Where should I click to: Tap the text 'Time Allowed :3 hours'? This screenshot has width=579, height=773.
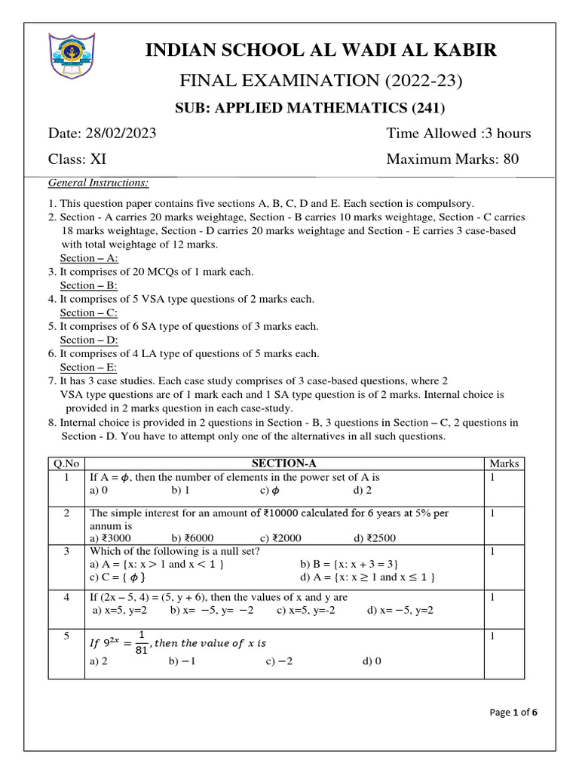[x=458, y=134]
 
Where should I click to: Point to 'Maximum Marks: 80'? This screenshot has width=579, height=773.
[x=452, y=159]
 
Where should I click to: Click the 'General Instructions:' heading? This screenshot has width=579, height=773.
[x=99, y=183]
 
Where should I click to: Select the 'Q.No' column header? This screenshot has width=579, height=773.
[x=66, y=463]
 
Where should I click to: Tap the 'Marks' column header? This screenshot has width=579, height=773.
[x=504, y=463]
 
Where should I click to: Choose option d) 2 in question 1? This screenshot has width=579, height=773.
[x=363, y=491]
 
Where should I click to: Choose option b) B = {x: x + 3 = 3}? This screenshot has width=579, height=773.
[x=349, y=564]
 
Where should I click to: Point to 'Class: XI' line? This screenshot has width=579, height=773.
[x=78, y=159]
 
